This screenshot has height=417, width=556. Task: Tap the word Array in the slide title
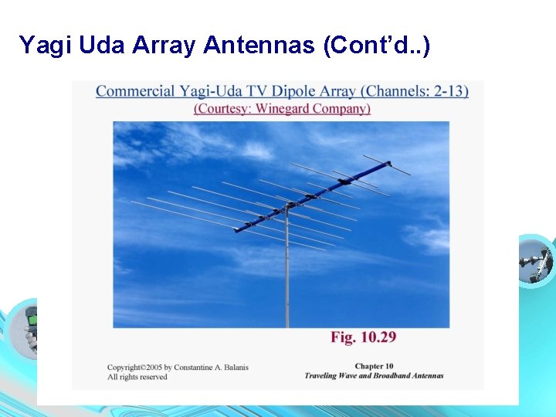coord(164,46)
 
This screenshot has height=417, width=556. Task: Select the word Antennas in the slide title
coord(256,46)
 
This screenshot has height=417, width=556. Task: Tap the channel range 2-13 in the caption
coord(446,92)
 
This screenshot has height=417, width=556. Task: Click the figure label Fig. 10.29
coord(364,337)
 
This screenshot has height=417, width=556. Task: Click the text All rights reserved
coord(137,377)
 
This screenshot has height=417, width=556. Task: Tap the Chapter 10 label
coord(374,366)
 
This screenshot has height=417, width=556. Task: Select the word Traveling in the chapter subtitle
coord(323,376)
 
